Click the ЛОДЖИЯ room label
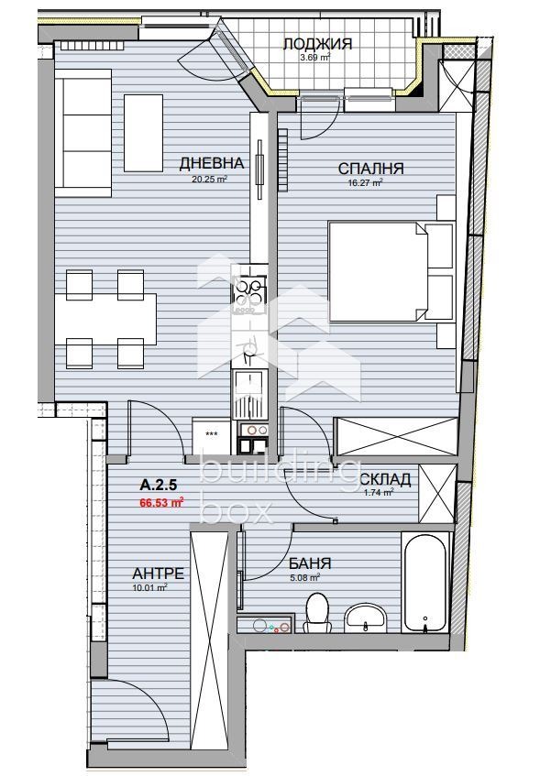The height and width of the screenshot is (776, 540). tap(317, 44)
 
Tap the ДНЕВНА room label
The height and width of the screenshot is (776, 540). tap(212, 163)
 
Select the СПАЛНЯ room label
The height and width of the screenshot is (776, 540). tap(370, 169)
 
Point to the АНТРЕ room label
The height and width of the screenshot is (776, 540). tap(158, 574)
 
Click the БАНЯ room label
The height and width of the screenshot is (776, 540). tap(310, 563)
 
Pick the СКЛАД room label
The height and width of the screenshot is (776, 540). tap(386, 479)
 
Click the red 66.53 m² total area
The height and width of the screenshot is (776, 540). tap(162, 503)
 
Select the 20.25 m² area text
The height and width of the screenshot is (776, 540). tap(210, 180)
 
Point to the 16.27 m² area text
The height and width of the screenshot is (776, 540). tap(366, 182)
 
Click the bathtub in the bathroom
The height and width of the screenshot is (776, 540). tap(426, 583)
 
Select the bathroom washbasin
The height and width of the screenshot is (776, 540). tap(366, 618)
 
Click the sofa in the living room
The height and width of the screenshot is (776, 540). tap(83, 133)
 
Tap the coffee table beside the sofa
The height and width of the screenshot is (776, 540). tap(143, 133)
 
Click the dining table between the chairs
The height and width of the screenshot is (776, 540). tap(105, 319)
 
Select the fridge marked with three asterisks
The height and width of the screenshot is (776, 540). tap(212, 435)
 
